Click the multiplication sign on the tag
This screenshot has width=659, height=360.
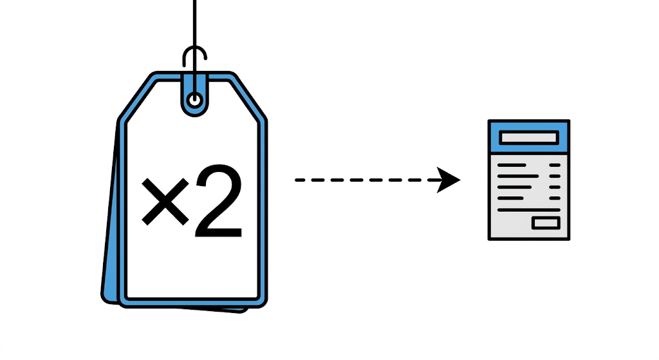tap(165, 202)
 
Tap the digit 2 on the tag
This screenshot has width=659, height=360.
tap(219, 202)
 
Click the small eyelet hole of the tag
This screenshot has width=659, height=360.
tap(194, 100)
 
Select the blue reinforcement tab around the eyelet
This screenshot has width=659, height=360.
tap(194, 108)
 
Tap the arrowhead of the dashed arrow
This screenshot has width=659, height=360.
tap(448, 180)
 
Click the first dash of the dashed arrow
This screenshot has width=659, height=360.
tap(300, 180)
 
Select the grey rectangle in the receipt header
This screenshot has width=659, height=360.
tap(529, 138)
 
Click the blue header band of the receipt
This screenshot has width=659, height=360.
tap(529, 137)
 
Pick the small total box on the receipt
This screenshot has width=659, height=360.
tap(546, 223)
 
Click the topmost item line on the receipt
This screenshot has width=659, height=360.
tap(512, 166)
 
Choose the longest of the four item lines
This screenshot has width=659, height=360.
tap(518, 176)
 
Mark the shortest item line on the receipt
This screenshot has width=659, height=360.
tap(510, 198)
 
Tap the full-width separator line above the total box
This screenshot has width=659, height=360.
tap(529, 209)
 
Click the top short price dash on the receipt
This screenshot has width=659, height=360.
tap(555, 166)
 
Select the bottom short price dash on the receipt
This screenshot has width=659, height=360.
tap(555, 198)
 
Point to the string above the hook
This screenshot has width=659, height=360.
tap(194, 23)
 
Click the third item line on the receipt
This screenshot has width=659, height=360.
tap(515, 187)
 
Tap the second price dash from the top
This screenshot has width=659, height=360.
tap(555, 176)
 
